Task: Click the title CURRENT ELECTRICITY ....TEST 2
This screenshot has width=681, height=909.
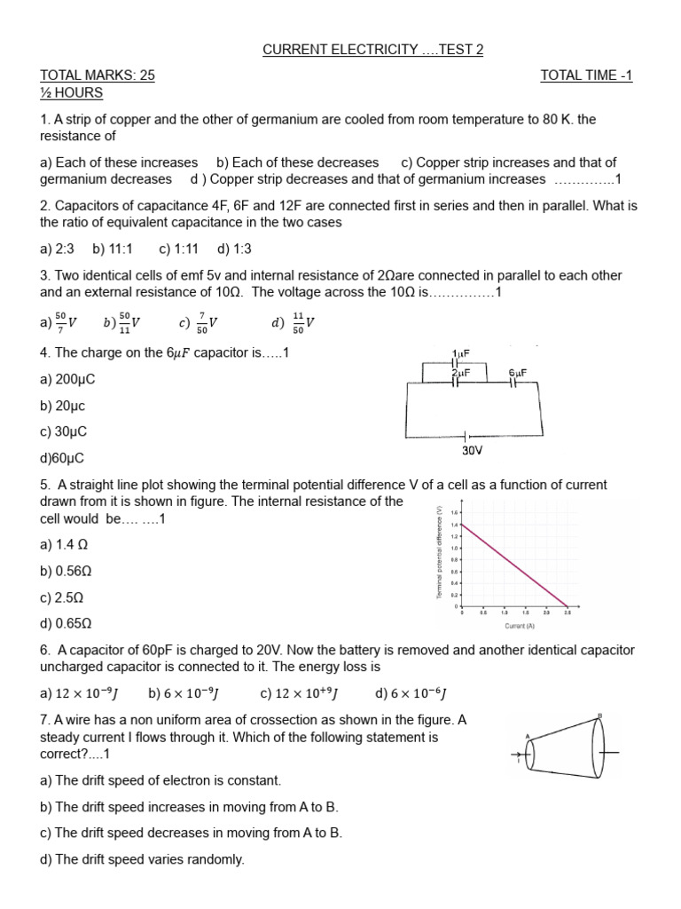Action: point(372,50)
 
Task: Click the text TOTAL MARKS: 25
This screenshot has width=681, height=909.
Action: point(98,75)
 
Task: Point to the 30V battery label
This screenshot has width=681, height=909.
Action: point(472,451)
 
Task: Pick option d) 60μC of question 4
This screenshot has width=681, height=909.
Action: point(62,458)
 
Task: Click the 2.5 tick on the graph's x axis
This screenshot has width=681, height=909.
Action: point(567,613)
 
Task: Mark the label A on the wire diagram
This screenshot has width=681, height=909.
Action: point(528,736)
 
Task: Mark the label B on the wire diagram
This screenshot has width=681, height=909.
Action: point(600,715)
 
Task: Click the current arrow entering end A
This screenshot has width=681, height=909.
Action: point(519,759)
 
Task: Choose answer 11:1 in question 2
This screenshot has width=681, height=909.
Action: point(112,249)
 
